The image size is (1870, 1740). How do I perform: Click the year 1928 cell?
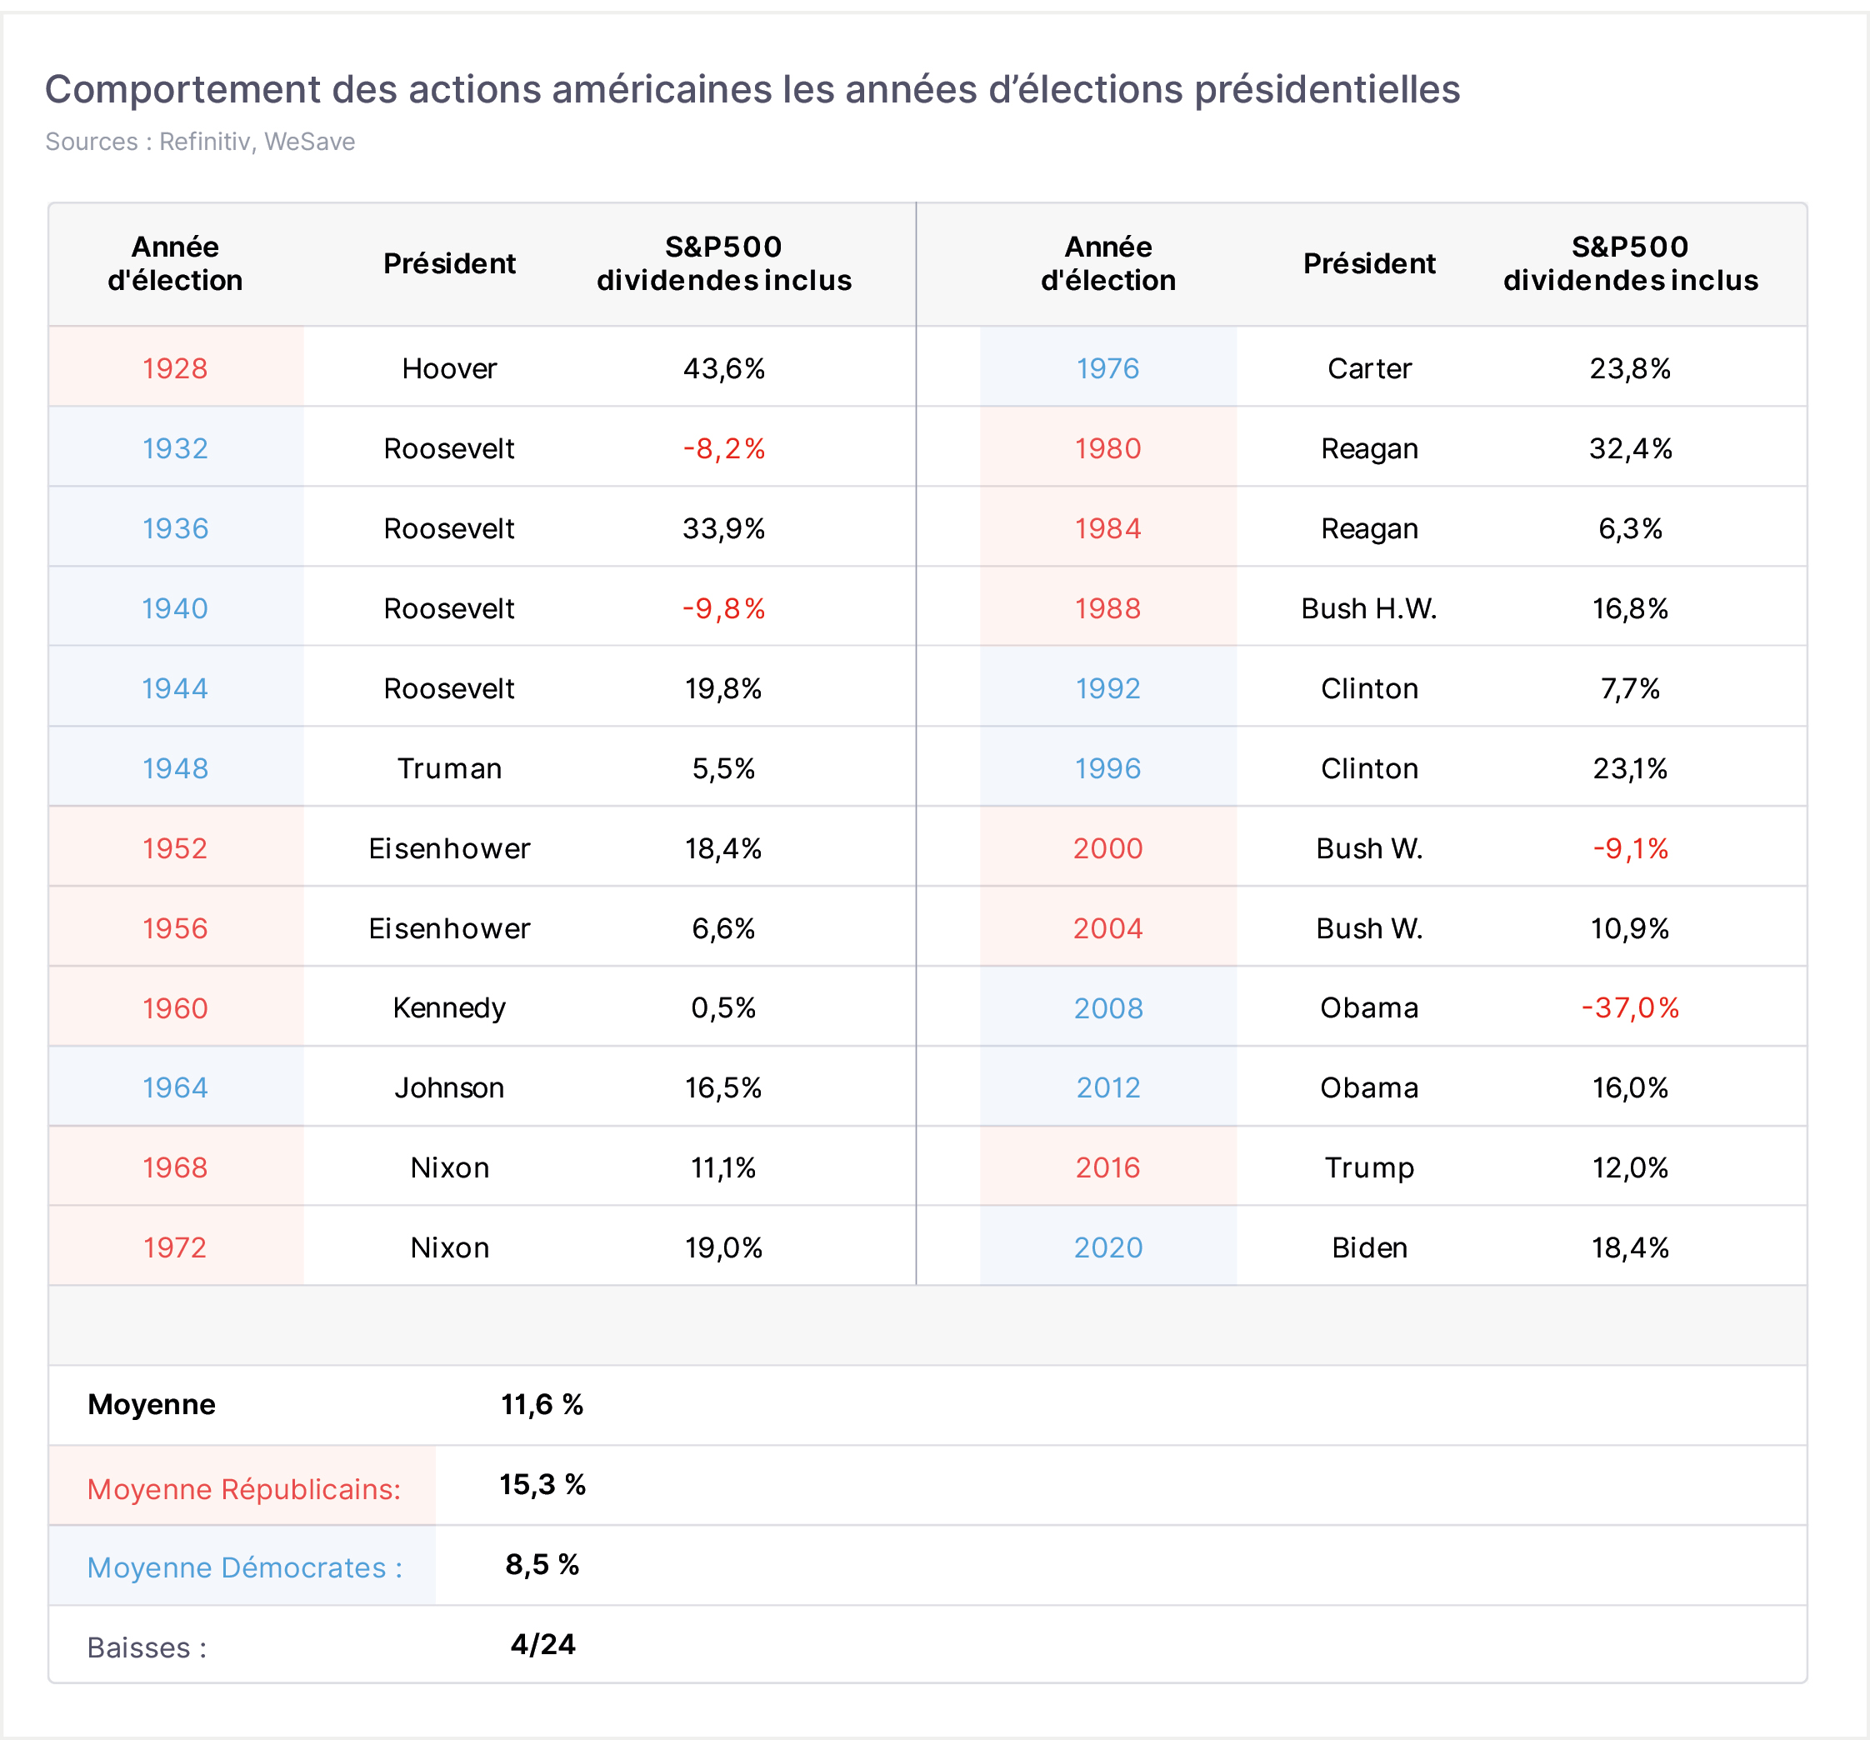pyautogui.click(x=175, y=367)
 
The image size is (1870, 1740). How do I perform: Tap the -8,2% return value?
pyautogui.click(x=723, y=447)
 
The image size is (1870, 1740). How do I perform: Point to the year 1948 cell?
pyautogui.click(x=175, y=767)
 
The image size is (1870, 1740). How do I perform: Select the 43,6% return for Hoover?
pyautogui.click(x=723, y=367)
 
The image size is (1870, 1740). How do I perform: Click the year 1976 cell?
pyautogui.click(x=1107, y=367)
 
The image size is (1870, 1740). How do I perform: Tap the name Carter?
pyautogui.click(x=1368, y=367)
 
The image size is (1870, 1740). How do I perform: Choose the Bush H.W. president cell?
pyautogui.click(x=1368, y=607)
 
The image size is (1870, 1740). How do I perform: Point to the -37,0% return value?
pyautogui.click(x=1629, y=1007)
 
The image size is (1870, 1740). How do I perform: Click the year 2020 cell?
pyautogui.click(x=1107, y=1247)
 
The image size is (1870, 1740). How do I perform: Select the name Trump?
pyautogui.click(x=1368, y=1167)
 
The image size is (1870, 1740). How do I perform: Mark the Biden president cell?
pyautogui.click(x=1368, y=1247)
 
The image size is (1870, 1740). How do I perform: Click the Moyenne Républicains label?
pyautogui.click(x=243, y=1489)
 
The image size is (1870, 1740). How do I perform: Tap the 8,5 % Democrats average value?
pyautogui.click(x=542, y=1563)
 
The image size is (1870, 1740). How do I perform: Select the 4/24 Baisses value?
pyautogui.click(x=542, y=1643)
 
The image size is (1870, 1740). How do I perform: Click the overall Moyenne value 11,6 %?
pyautogui.click(x=542, y=1403)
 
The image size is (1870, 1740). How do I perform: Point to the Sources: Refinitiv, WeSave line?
pyautogui.click(x=200, y=141)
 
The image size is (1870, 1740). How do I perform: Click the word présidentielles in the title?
pyautogui.click(x=1327, y=89)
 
